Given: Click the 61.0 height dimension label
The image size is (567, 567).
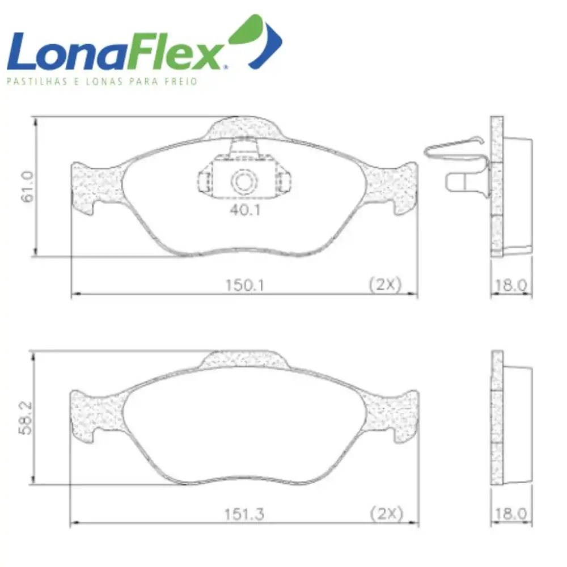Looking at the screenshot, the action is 28,187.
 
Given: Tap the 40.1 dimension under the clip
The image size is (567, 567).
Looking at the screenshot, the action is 245,210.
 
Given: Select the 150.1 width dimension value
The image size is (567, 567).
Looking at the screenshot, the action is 245,285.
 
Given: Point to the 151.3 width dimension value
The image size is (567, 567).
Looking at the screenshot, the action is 244,514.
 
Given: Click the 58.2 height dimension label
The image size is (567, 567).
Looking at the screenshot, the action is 26,418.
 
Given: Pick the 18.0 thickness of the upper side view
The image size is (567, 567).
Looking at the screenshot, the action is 511,285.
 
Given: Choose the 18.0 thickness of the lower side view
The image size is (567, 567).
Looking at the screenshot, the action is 511,514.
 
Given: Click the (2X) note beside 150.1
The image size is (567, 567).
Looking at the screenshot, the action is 386,285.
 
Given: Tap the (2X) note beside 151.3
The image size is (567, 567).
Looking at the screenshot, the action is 386,514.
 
